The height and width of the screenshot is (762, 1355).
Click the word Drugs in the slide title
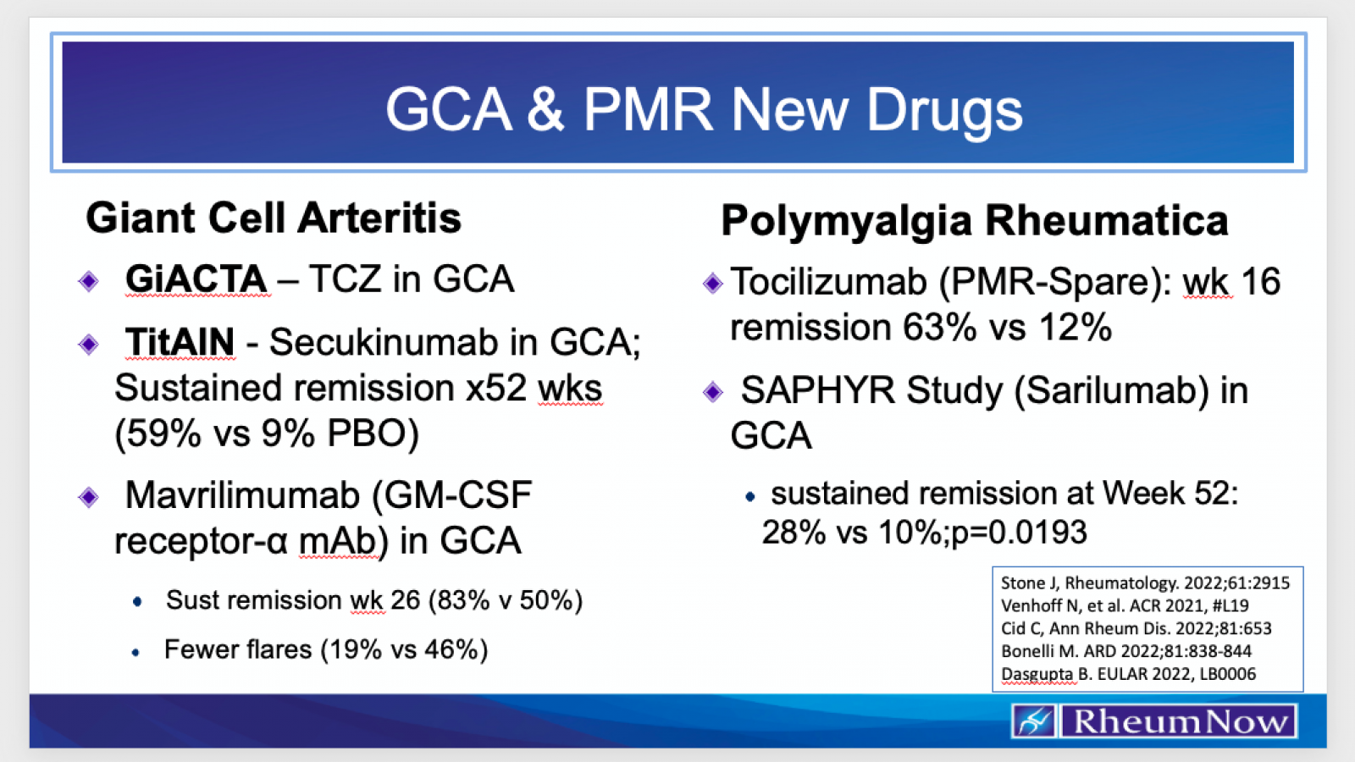pyautogui.click(x=945, y=111)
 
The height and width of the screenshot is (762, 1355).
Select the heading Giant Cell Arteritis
pyautogui.click(x=274, y=218)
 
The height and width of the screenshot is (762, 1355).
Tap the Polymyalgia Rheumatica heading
pyautogui.click(x=975, y=221)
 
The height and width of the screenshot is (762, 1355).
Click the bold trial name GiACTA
pyautogui.click(x=196, y=279)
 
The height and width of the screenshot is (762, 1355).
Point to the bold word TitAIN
pyautogui.click(x=180, y=342)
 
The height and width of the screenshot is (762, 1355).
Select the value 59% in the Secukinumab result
pyautogui.click(x=158, y=434)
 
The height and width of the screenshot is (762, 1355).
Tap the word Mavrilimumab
pyautogui.click(x=242, y=495)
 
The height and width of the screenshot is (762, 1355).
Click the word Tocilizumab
pyautogui.click(x=829, y=282)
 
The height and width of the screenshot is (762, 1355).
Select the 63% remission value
pyautogui.click(x=939, y=327)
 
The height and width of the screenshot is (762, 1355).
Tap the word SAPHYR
pyautogui.click(x=817, y=390)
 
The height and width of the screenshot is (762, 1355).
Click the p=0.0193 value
pyautogui.click(x=1020, y=533)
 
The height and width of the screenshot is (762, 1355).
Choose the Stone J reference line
pyautogui.click(x=1145, y=583)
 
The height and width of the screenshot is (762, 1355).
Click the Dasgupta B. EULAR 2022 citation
pyautogui.click(x=1128, y=674)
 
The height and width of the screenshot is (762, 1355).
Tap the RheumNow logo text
pyautogui.click(x=1180, y=721)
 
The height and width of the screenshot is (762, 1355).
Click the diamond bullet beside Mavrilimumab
pyautogui.click(x=89, y=497)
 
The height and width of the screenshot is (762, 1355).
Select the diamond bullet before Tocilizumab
pyautogui.click(x=712, y=283)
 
